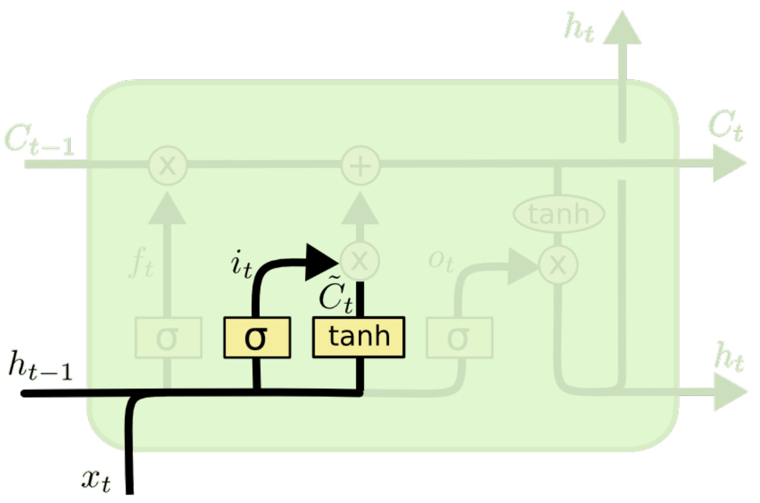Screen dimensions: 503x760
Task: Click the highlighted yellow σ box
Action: click(x=257, y=338)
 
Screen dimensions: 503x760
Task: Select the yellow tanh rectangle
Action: click(x=359, y=338)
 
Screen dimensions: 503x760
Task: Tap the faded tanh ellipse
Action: click(x=558, y=214)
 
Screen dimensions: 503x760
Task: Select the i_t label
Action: click(x=241, y=266)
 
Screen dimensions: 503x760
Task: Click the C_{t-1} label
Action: click(x=39, y=140)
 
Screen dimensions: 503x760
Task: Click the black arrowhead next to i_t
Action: click(x=320, y=262)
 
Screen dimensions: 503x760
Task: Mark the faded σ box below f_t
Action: click(x=168, y=338)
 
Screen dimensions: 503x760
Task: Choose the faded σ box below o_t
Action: click(x=459, y=338)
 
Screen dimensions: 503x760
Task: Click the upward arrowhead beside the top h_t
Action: click(x=622, y=30)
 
